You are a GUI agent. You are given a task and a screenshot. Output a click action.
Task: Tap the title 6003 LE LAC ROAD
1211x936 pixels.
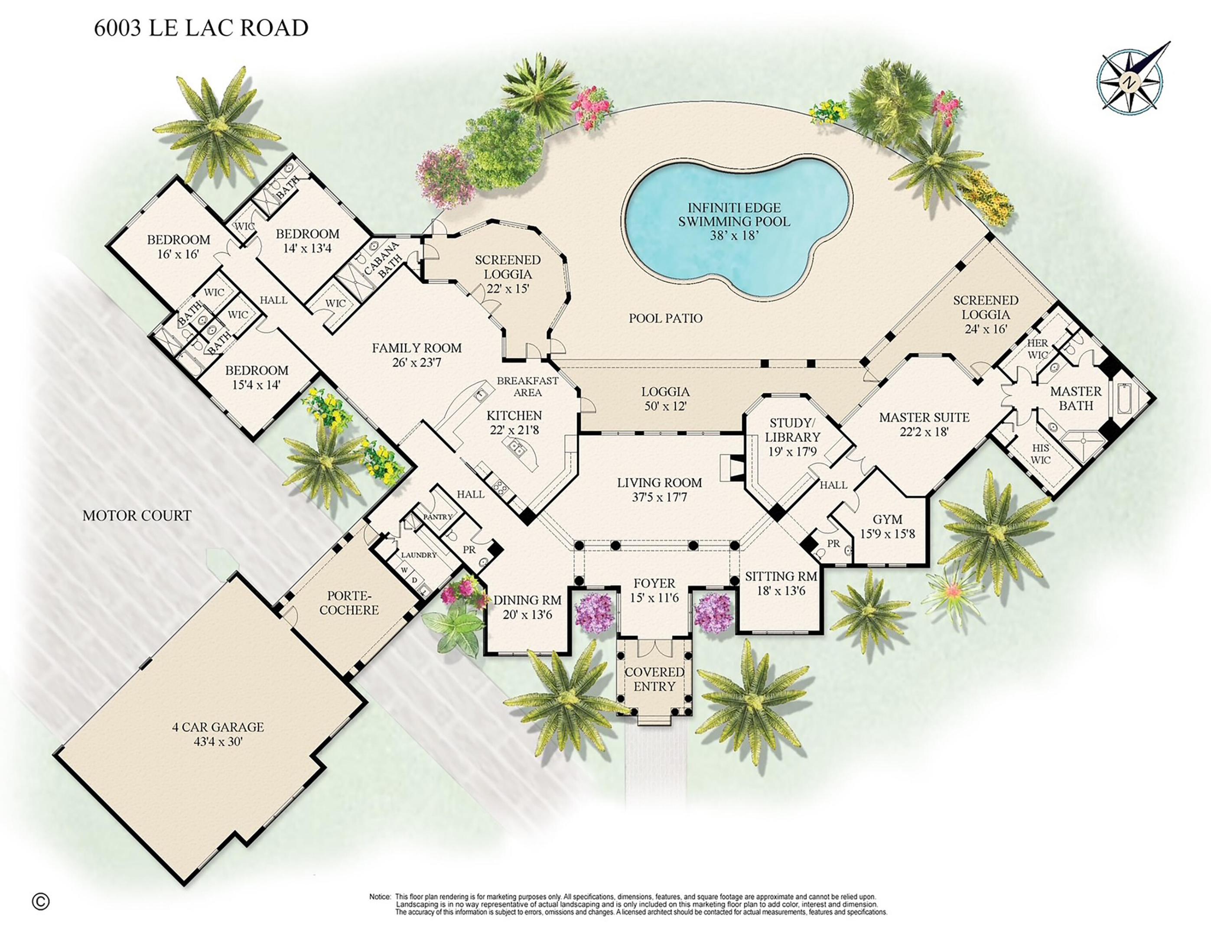point(201,28)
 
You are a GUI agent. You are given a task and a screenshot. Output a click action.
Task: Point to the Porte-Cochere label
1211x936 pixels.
point(349,603)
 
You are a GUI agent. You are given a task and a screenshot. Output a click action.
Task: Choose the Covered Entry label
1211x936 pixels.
point(654,679)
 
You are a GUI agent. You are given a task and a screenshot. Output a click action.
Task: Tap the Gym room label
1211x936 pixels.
point(887,520)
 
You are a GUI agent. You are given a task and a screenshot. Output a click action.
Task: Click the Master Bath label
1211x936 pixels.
point(1076,398)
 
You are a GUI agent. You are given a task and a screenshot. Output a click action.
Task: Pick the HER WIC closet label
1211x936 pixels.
point(1038,349)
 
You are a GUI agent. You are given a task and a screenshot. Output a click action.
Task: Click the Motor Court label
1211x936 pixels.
point(137,515)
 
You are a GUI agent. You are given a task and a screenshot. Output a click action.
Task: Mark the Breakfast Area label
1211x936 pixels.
point(527,387)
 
